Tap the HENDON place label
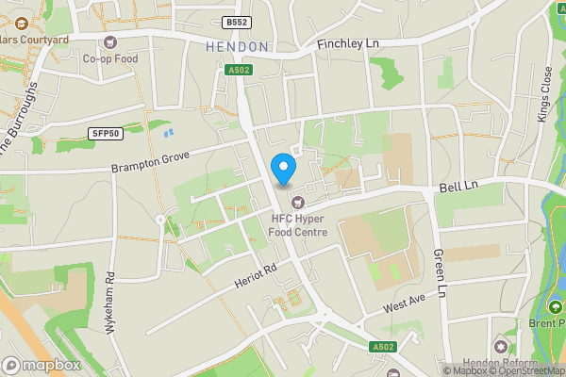pos(238,46)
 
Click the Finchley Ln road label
pos(347,44)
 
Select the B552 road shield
pos(237,22)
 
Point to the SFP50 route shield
pos(104,134)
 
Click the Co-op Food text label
pos(111,58)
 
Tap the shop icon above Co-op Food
pos(111,41)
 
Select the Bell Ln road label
pos(459,188)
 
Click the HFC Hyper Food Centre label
pos(293,226)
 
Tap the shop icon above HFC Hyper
pos(298,201)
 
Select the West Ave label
pos(406,304)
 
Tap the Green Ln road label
pos(439,269)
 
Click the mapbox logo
pos(41,365)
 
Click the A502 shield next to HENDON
pos(239,69)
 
